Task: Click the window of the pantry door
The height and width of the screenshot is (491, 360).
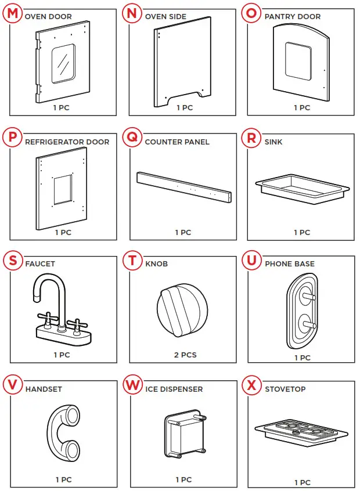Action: click(297, 61)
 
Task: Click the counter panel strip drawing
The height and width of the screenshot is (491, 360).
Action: click(184, 187)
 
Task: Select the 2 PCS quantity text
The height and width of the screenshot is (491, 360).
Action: click(185, 355)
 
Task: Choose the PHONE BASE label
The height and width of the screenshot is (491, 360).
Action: click(289, 263)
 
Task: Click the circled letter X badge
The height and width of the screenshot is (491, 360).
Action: click(251, 385)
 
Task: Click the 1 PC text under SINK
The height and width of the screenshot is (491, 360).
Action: click(302, 232)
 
